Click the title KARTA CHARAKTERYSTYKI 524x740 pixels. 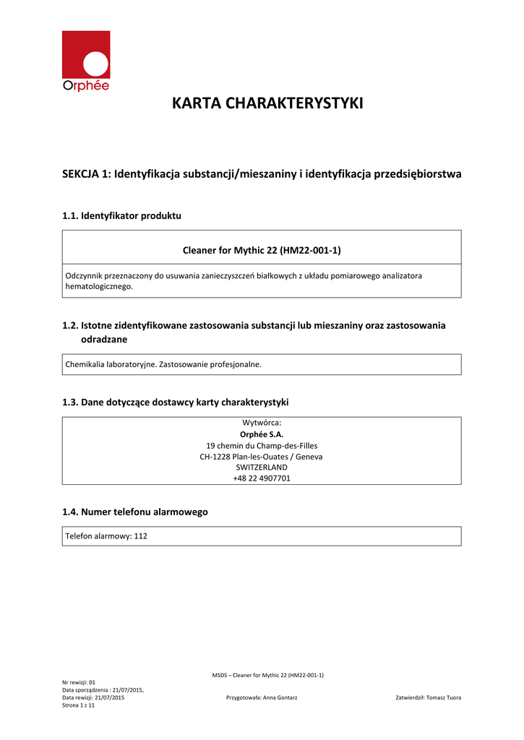click(267, 103)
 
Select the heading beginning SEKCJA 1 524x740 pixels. click(262, 174)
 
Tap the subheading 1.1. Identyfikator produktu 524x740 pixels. click(122, 215)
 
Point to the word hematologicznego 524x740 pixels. click(99, 286)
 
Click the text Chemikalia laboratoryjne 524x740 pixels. click(106, 365)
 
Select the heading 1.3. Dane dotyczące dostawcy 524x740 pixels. click(176, 402)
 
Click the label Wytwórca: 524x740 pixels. click(262, 423)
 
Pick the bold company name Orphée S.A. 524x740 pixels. click(262, 434)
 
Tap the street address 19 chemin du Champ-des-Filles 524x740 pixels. click(262, 446)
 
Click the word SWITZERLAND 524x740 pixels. click(262, 467)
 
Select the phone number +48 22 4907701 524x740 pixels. click(262, 478)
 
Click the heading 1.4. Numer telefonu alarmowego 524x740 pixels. click(135, 512)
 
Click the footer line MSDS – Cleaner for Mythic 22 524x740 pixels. click(267, 675)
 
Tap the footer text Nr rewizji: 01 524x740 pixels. click(79, 682)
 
